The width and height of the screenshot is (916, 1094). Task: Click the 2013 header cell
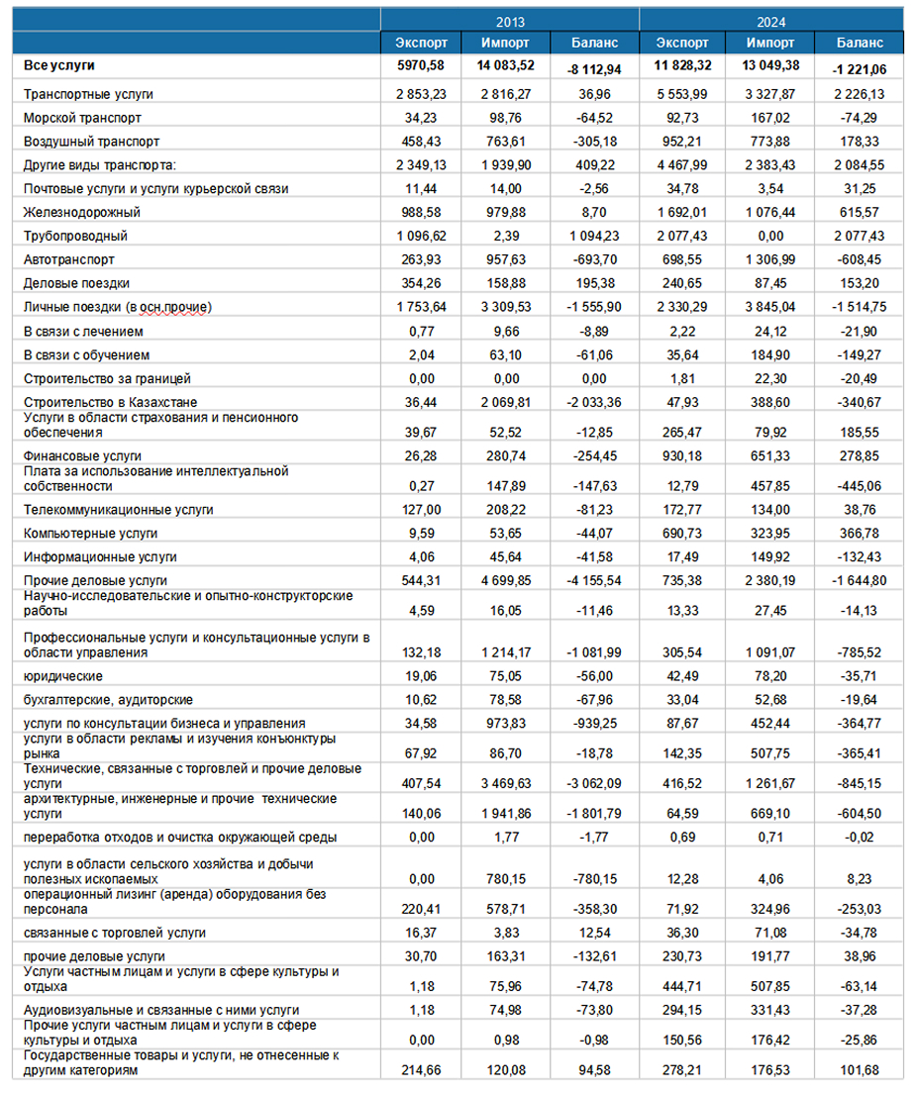511,20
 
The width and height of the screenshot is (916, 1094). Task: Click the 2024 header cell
772,20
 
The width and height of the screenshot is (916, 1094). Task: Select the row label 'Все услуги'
58,65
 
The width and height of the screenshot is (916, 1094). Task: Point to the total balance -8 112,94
594,69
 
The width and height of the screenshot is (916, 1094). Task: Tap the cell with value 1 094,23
595,237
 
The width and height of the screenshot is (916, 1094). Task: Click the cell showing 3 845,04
768,308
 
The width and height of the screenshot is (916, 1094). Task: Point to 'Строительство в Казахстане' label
102,403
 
